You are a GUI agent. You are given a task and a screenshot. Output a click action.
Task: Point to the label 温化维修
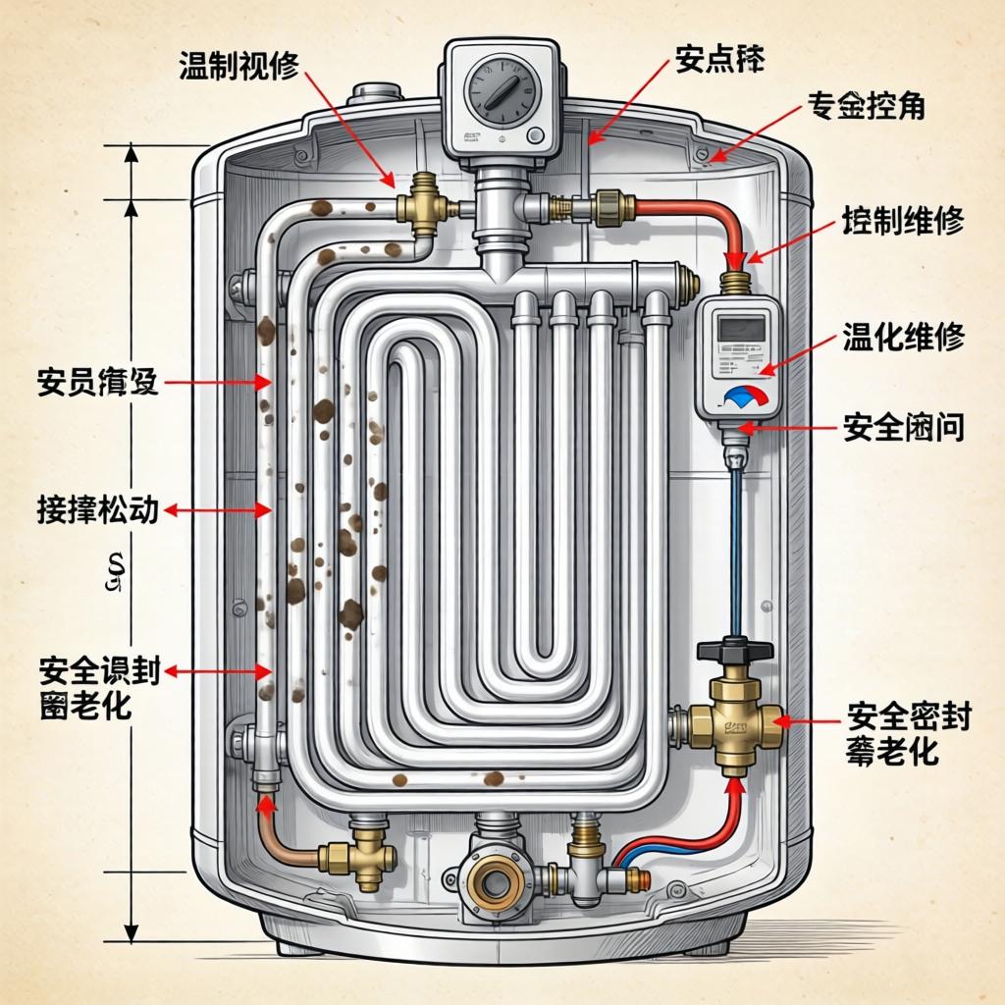point(903,339)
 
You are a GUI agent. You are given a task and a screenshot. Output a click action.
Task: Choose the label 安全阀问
point(903,427)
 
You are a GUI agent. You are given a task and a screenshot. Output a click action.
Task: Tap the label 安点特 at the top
point(719,61)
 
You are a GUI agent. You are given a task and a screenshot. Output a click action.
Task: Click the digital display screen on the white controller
point(741,329)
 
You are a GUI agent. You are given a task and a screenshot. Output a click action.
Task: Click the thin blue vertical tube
point(735,550)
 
